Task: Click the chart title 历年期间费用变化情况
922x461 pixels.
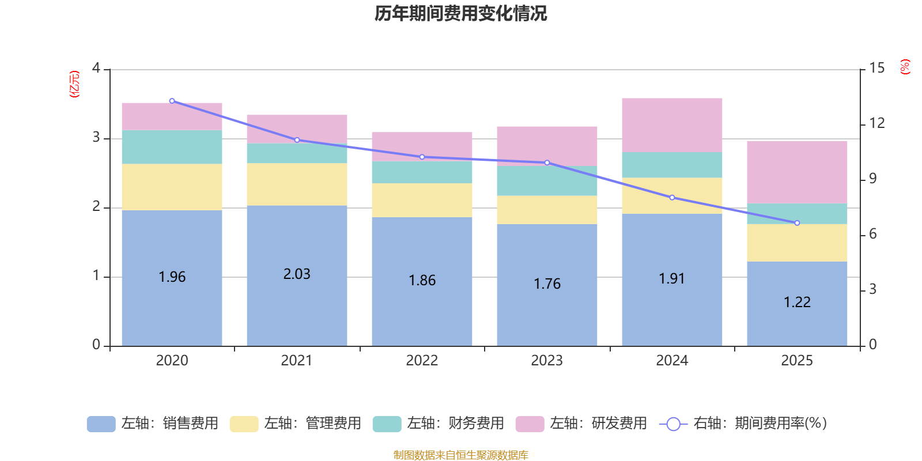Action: (x=460, y=13)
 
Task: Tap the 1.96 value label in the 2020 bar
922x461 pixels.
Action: (x=172, y=277)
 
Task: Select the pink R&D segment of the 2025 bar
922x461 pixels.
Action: (x=797, y=172)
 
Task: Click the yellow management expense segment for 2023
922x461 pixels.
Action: (x=547, y=210)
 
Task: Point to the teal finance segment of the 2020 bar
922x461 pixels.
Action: (x=172, y=147)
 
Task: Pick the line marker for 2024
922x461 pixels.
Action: (x=672, y=198)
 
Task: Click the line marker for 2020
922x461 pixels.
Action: (x=172, y=101)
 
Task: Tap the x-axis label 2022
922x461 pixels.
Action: (x=422, y=361)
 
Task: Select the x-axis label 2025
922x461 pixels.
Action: (x=797, y=361)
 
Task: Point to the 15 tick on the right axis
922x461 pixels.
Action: (x=876, y=69)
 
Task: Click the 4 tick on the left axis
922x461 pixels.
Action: (x=96, y=69)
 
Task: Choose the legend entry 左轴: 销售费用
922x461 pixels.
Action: (x=153, y=424)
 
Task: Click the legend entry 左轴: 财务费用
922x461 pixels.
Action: (x=439, y=424)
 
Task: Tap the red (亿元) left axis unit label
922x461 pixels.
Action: (x=74, y=84)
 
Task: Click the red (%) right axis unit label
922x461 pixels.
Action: (x=905, y=67)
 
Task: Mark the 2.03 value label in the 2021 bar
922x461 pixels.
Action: (x=297, y=274)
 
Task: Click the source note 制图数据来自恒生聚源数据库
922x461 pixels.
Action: (x=460, y=455)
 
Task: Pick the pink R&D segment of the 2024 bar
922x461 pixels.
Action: (x=672, y=125)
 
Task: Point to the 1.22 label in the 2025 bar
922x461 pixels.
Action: (x=797, y=303)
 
